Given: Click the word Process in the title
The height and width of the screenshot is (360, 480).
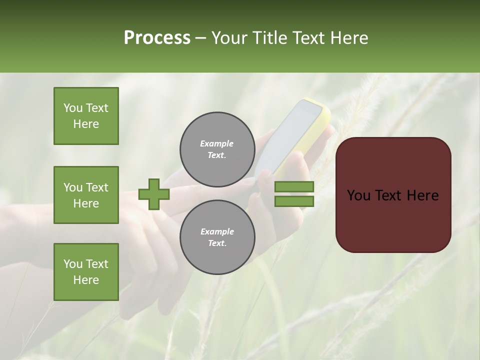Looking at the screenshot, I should point(157,38).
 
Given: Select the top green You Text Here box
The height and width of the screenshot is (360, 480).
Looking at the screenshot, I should point(86,116).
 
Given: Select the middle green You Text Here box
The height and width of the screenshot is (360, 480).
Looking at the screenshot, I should point(86,195).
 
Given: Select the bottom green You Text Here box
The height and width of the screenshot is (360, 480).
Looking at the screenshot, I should point(86,272).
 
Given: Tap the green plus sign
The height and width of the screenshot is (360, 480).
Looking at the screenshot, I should point(154,194).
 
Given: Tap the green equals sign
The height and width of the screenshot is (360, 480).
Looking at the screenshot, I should point(294,194).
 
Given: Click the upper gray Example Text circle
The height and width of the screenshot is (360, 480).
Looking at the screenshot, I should point(217,149).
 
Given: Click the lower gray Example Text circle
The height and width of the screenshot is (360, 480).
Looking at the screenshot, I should point(217,237).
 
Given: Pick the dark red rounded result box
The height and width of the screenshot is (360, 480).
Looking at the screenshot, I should point(393,194).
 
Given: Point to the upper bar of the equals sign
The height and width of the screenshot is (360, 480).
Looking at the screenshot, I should point(294,187).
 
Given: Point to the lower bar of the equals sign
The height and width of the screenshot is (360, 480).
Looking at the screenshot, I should point(294,201).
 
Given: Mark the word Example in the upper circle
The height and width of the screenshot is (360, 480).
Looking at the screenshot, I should point(217,143).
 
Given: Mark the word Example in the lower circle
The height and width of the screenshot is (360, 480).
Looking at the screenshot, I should point(217,231).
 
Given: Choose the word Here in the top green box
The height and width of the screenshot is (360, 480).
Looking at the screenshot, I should point(86,124).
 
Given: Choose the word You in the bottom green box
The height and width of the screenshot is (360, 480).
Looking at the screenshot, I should point(73,264).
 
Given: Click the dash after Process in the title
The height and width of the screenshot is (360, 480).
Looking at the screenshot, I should point(201,38).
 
